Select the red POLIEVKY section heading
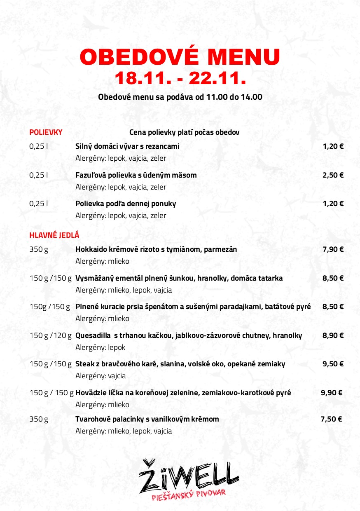(46, 132)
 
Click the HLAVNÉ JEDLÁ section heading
(54, 235)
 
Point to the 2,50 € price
(333, 175)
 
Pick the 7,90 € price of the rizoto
(333, 249)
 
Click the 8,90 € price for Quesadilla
(333, 335)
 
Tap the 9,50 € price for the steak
(333, 364)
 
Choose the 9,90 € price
(332, 393)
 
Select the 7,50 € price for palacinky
(331, 419)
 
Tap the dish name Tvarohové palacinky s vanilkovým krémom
(147, 419)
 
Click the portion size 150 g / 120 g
(50, 335)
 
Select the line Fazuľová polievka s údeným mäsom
(136, 175)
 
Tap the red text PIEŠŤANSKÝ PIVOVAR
(188, 492)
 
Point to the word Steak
(84, 364)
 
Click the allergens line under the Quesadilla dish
(100, 347)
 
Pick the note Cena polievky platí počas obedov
(185, 132)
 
